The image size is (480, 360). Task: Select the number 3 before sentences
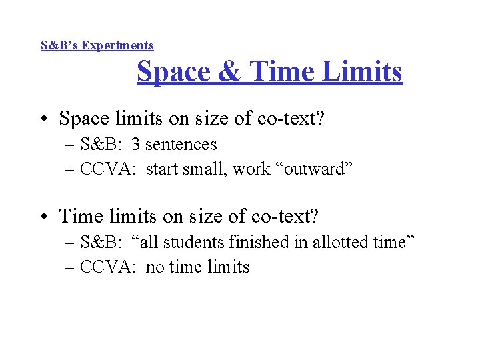pyautogui.click(x=136, y=144)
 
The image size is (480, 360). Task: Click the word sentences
pyautogui.click(x=181, y=144)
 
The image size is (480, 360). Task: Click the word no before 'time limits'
pyautogui.click(x=154, y=267)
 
